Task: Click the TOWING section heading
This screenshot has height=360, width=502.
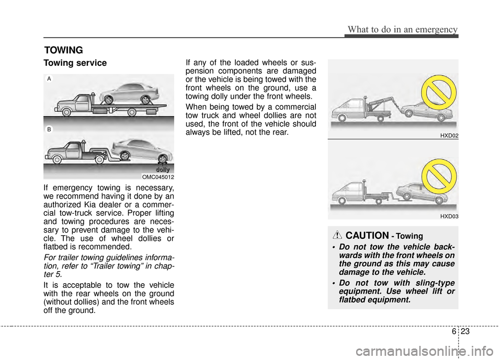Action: tap(64, 50)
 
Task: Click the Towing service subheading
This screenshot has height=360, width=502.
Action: tap(75, 63)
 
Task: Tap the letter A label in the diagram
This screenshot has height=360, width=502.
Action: tap(49, 78)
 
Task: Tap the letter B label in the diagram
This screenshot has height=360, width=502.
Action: tap(49, 128)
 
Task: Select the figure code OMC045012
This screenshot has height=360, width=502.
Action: tap(158, 177)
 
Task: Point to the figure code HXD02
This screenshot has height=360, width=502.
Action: tap(449, 135)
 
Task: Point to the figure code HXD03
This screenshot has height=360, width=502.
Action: tap(449, 215)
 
